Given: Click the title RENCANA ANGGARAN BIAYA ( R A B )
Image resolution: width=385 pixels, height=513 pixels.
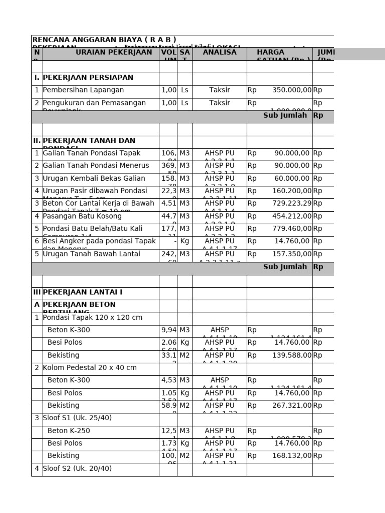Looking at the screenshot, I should point(104,40).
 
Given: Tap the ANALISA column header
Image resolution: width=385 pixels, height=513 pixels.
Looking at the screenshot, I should point(219,52).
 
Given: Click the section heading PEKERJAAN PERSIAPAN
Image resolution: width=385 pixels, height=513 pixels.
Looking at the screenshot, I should point(88,78).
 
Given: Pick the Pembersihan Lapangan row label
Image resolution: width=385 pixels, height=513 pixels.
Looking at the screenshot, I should point(83,90).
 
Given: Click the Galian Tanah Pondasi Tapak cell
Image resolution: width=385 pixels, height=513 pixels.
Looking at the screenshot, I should point(92,153).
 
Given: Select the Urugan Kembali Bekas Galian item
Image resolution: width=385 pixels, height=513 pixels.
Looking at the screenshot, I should point(94,178).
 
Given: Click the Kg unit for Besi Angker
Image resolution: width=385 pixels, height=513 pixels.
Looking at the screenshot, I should point(184,241).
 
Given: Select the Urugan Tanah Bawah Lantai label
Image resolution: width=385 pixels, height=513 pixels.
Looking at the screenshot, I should point(91,254).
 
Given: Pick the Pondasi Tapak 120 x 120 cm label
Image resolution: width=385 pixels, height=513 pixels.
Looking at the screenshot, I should point(93,318).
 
